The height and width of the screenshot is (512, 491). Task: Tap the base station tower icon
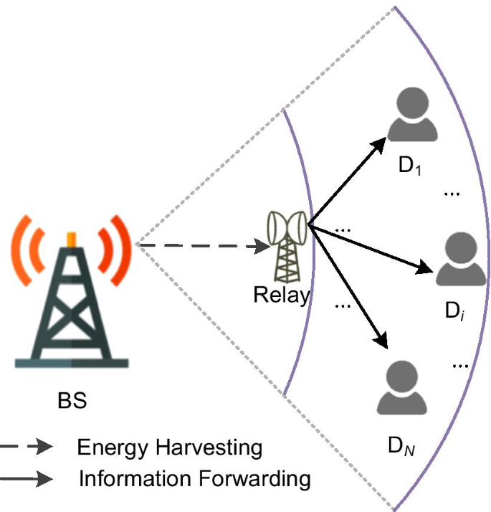point(70,301)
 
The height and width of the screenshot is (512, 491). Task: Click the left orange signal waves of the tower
point(25,244)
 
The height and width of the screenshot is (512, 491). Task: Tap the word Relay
point(282,295)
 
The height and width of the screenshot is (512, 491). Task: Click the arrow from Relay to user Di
point(373,250)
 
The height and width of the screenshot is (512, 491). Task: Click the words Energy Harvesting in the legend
point(169,449)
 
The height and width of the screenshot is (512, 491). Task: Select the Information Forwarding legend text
point(194,478)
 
